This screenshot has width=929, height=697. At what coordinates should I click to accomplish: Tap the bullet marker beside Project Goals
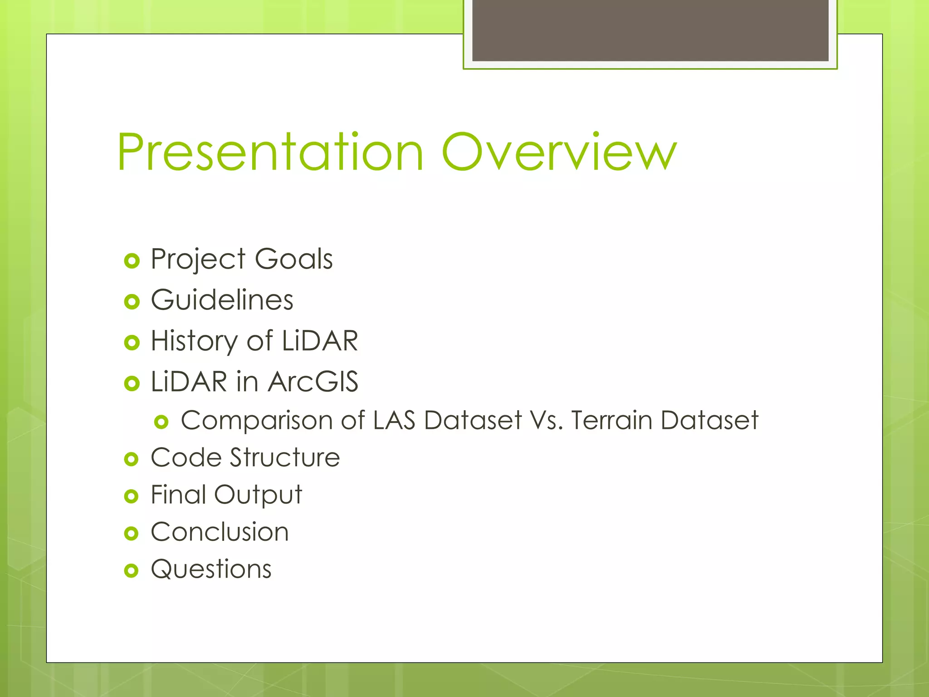click(132, 261)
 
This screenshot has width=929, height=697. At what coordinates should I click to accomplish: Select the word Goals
click(293, 259)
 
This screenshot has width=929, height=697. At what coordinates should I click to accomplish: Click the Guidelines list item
click(222, 300)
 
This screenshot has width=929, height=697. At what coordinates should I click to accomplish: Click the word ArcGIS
click(313, 382)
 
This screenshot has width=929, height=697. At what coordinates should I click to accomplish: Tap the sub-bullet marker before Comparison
click(161, 422)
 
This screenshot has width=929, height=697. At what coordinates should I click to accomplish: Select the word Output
click(258, 495)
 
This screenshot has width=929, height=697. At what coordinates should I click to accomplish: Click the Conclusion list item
click(220, 532)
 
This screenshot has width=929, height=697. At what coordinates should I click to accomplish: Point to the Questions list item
click(211, 569)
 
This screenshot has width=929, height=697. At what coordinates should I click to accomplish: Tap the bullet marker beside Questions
click(131, 570)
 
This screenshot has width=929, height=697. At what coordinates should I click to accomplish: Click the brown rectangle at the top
click(650, 30)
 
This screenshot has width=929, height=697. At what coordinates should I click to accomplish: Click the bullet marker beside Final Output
click(131, 496)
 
